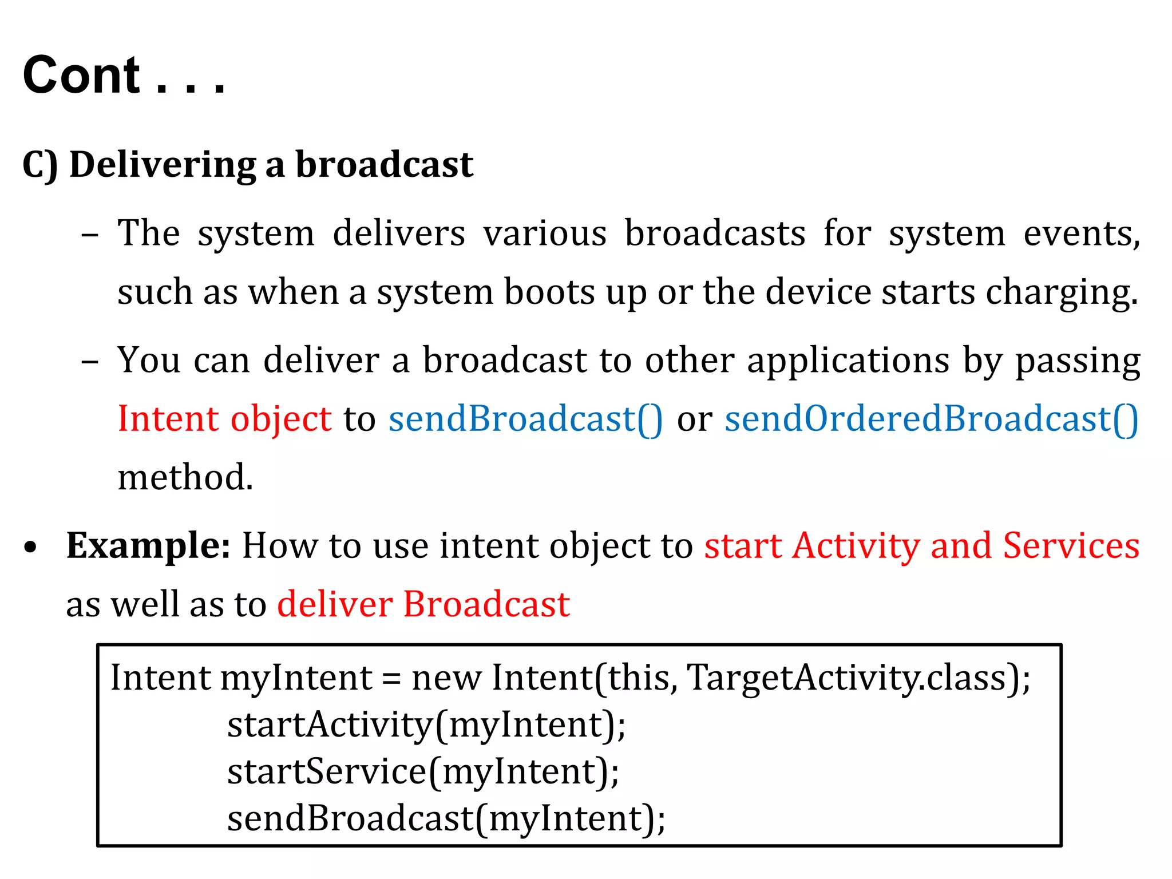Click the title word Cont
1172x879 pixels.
[81, 76]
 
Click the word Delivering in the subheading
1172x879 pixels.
[163, 165]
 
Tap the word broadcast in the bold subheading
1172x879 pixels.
[384, 165]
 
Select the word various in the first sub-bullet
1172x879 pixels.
[544, 234]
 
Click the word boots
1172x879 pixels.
[549, 293]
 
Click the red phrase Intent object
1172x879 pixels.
[224, 419]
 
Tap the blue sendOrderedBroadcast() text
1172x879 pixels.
[931, 419]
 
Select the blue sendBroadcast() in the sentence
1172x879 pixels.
[525, 419]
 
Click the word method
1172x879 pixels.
[185, 477]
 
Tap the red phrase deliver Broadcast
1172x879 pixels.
[423, 604]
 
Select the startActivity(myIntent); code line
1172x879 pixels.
[426, 725]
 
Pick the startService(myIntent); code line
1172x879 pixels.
[423, 772]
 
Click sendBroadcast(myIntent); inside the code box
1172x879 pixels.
[446, 819]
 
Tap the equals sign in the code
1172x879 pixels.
[391, 679]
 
